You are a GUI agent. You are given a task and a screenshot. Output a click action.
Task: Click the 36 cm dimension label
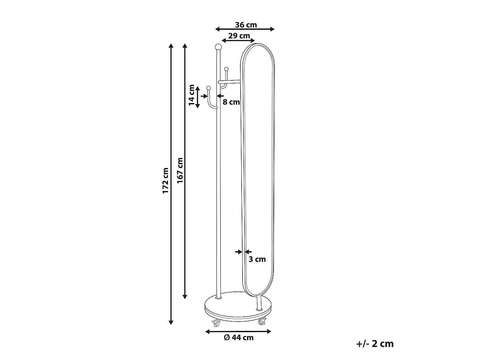click(246, 25)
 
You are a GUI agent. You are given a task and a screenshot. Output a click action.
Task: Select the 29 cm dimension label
click(239, 36)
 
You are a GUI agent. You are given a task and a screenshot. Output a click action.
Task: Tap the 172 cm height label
click(165, 180)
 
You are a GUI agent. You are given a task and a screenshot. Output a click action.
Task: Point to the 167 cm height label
click(180, 171)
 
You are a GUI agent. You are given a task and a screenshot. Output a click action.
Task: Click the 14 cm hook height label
click(192, 95)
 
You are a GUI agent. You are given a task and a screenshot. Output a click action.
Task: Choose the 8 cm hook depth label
click(231, 102)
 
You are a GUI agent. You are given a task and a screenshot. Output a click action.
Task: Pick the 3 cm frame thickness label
click(257, 259)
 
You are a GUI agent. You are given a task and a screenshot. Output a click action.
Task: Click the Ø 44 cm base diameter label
click(239, 338)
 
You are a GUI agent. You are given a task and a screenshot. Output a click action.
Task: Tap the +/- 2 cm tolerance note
click(375, 344)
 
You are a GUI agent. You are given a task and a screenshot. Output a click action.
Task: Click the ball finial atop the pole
click(219, 47)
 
